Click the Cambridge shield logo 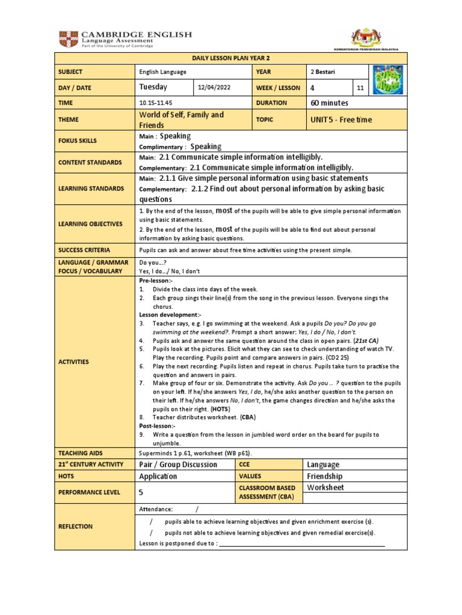pos(67,40)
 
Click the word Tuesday pos(153,88)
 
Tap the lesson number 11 pos(360,88)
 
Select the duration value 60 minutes pos(331,103)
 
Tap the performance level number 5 pos(142,491)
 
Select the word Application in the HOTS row pos(158,476)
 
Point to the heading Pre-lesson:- pos(156,280)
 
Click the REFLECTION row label pos(76,526)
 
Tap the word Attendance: pos(156,509)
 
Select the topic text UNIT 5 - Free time pos(341,120)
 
